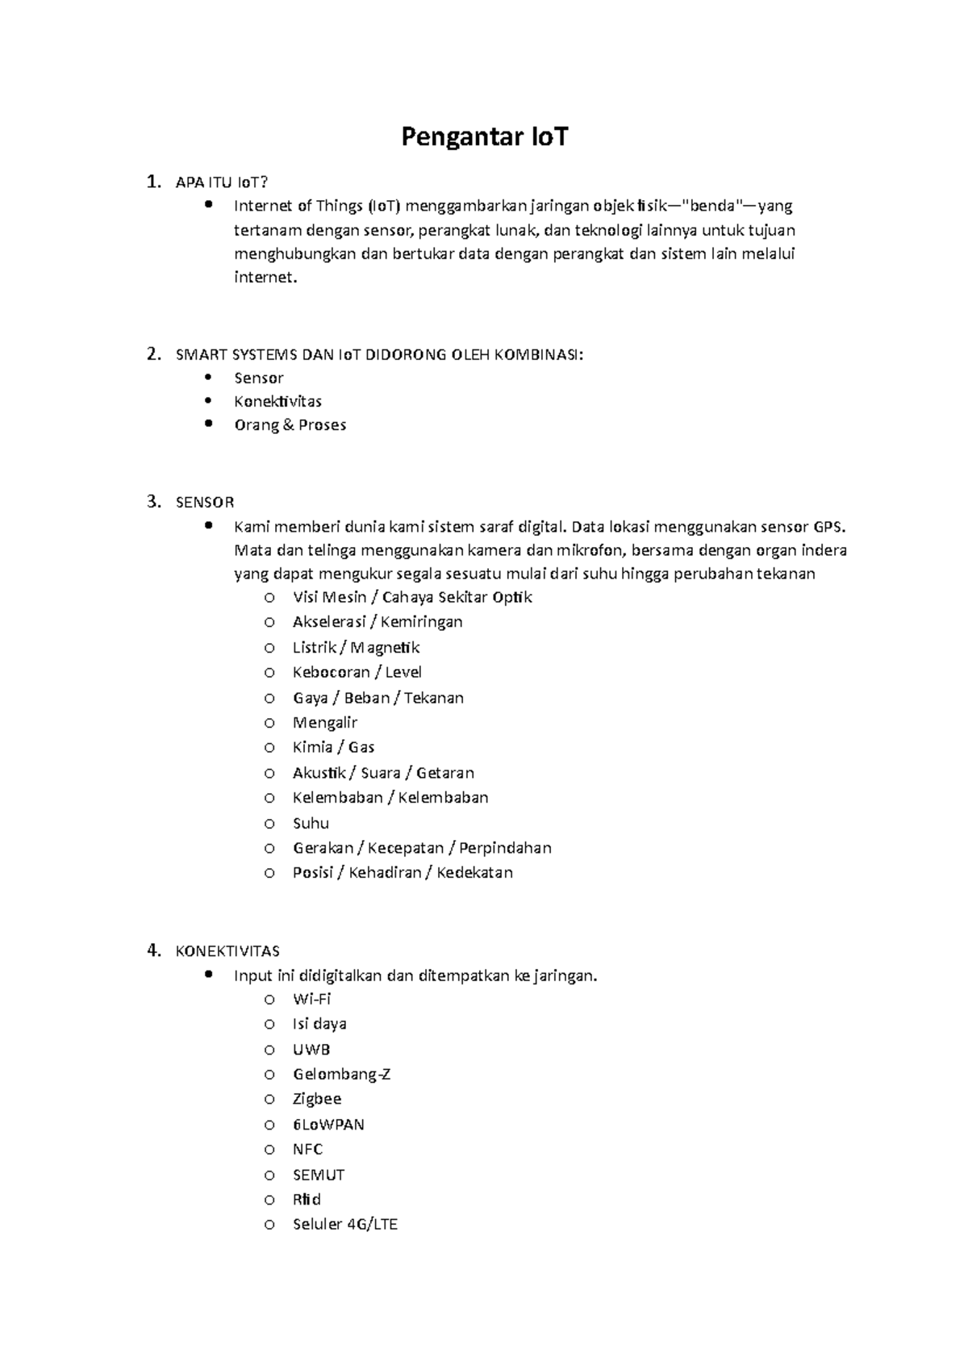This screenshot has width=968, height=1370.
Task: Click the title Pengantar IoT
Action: point(484,137)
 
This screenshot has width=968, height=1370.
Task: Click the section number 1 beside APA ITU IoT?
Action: point(152,182)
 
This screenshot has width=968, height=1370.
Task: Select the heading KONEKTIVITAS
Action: point(227,951)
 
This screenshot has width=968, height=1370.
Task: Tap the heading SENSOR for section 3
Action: point(205,503)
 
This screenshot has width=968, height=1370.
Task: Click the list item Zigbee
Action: point(317,1099)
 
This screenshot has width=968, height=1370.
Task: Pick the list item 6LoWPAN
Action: point(328,1124)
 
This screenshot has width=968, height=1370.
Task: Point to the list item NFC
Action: point(307,1149)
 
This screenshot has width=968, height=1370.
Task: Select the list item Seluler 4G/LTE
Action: point(345,1224)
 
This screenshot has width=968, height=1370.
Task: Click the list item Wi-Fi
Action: point(311,999)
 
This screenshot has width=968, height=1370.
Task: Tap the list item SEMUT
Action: point(319,1175)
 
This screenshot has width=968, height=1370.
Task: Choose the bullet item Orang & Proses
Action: point(290,425)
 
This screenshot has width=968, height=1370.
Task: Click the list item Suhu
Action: point(311,823)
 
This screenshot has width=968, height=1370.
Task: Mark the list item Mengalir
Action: point(324,722)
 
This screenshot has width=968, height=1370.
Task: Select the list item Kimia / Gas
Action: point(333,747)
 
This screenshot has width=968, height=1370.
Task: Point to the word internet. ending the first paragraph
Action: point(265,278)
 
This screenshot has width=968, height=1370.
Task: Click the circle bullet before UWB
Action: point(269,1050)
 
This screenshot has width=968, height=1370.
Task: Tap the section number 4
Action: point(152,950)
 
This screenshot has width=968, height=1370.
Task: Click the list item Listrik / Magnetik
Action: point(356,647)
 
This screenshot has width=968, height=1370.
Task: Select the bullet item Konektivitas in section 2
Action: point(277,402)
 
